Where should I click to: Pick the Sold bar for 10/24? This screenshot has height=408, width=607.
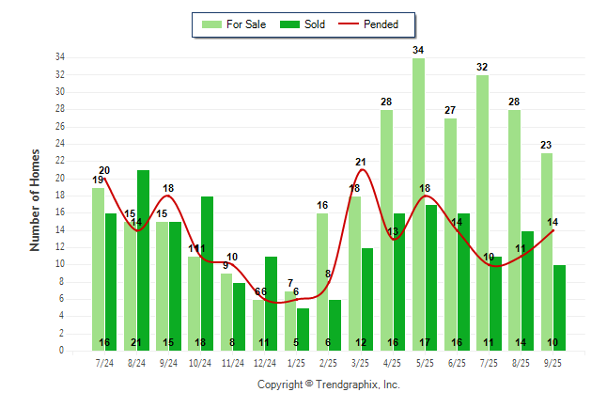click(x=207, y=273)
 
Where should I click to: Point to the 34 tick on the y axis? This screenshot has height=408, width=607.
click(x=59, y=57)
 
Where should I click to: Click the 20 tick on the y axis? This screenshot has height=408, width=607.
click(x=59, y=179)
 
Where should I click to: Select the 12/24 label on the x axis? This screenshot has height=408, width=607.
click(x=265, y=363)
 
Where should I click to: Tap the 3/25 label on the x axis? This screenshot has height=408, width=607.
click(x=361, y=363)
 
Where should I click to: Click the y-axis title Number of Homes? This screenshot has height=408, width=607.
click(x=35, y=199)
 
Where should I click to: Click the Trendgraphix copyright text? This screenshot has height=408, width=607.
click(x=329, y=384)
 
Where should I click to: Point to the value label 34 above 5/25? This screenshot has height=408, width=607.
click(x=418, y=50)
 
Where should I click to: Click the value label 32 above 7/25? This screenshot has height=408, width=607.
click(x=482, y=67)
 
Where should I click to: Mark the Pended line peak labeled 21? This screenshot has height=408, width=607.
click(x=361, y=163)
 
